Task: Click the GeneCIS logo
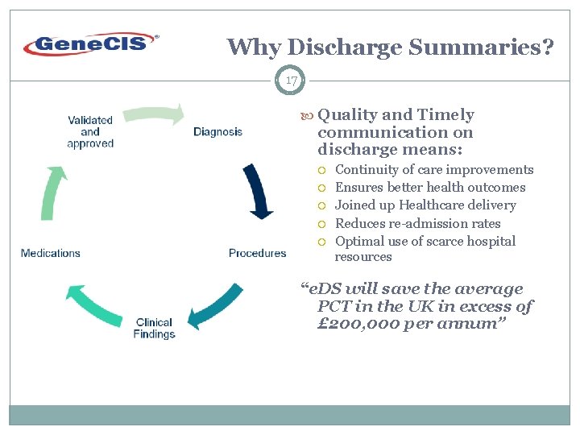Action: pyautogui.click(x=91, y=43)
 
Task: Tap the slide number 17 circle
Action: pyautogui.click(x=292, y=81)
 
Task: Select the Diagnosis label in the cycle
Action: pyautogui.click(x=217, y=131)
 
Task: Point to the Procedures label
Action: pyautogui.click(x=257, y=253)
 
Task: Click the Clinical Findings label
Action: pyautogui.click(x=155, y=328)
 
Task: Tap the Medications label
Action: pyautogui.click(x=51, y=253)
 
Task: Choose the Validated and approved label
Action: pyautogui.click(x=90, y=131)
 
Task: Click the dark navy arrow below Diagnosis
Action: pyautogui.click(x=257, y=191)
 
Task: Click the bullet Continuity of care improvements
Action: pyautogui.click(x=434, y=169)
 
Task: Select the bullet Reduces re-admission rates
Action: pyautogui.click(x=417, y=223)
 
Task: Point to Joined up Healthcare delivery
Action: pyautogui.click(x=425, y=205)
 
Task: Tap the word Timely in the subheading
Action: pyautogui.click(x=446, y=114)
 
